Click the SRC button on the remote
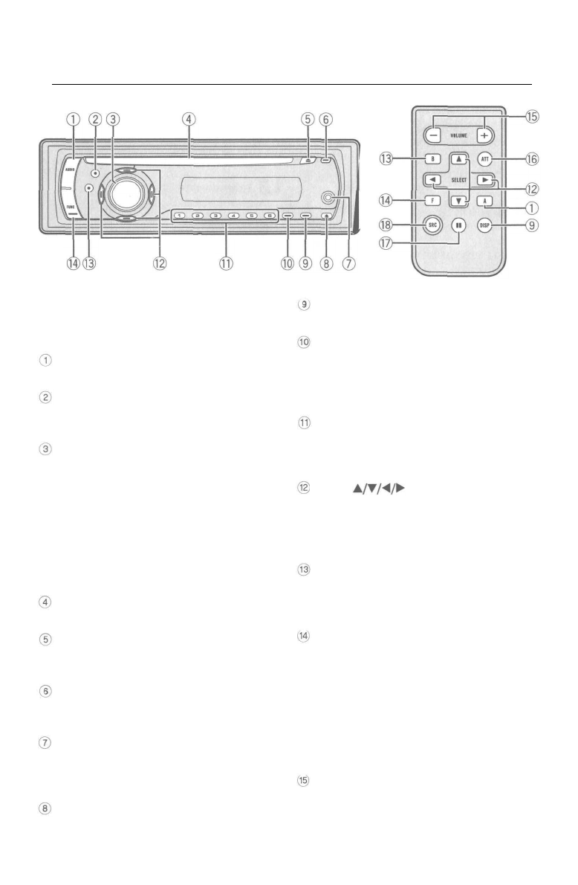coord(429,227)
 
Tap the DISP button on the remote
coord(487,227)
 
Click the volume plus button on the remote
coord(484,136)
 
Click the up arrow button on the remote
coord(459,159)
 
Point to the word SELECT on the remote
coord(458,179)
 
